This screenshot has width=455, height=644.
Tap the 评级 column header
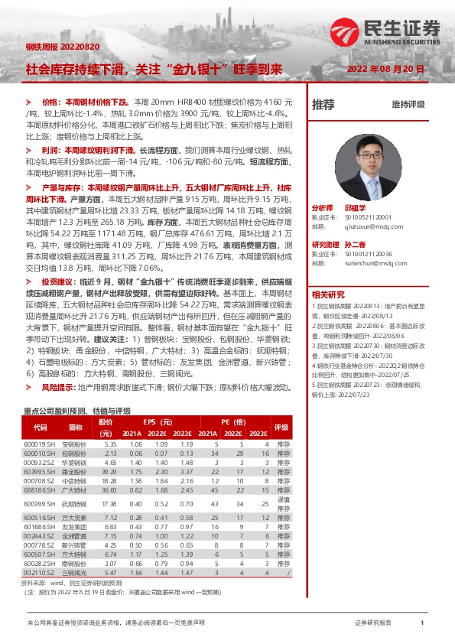281,428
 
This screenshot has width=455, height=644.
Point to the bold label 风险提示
59,389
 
